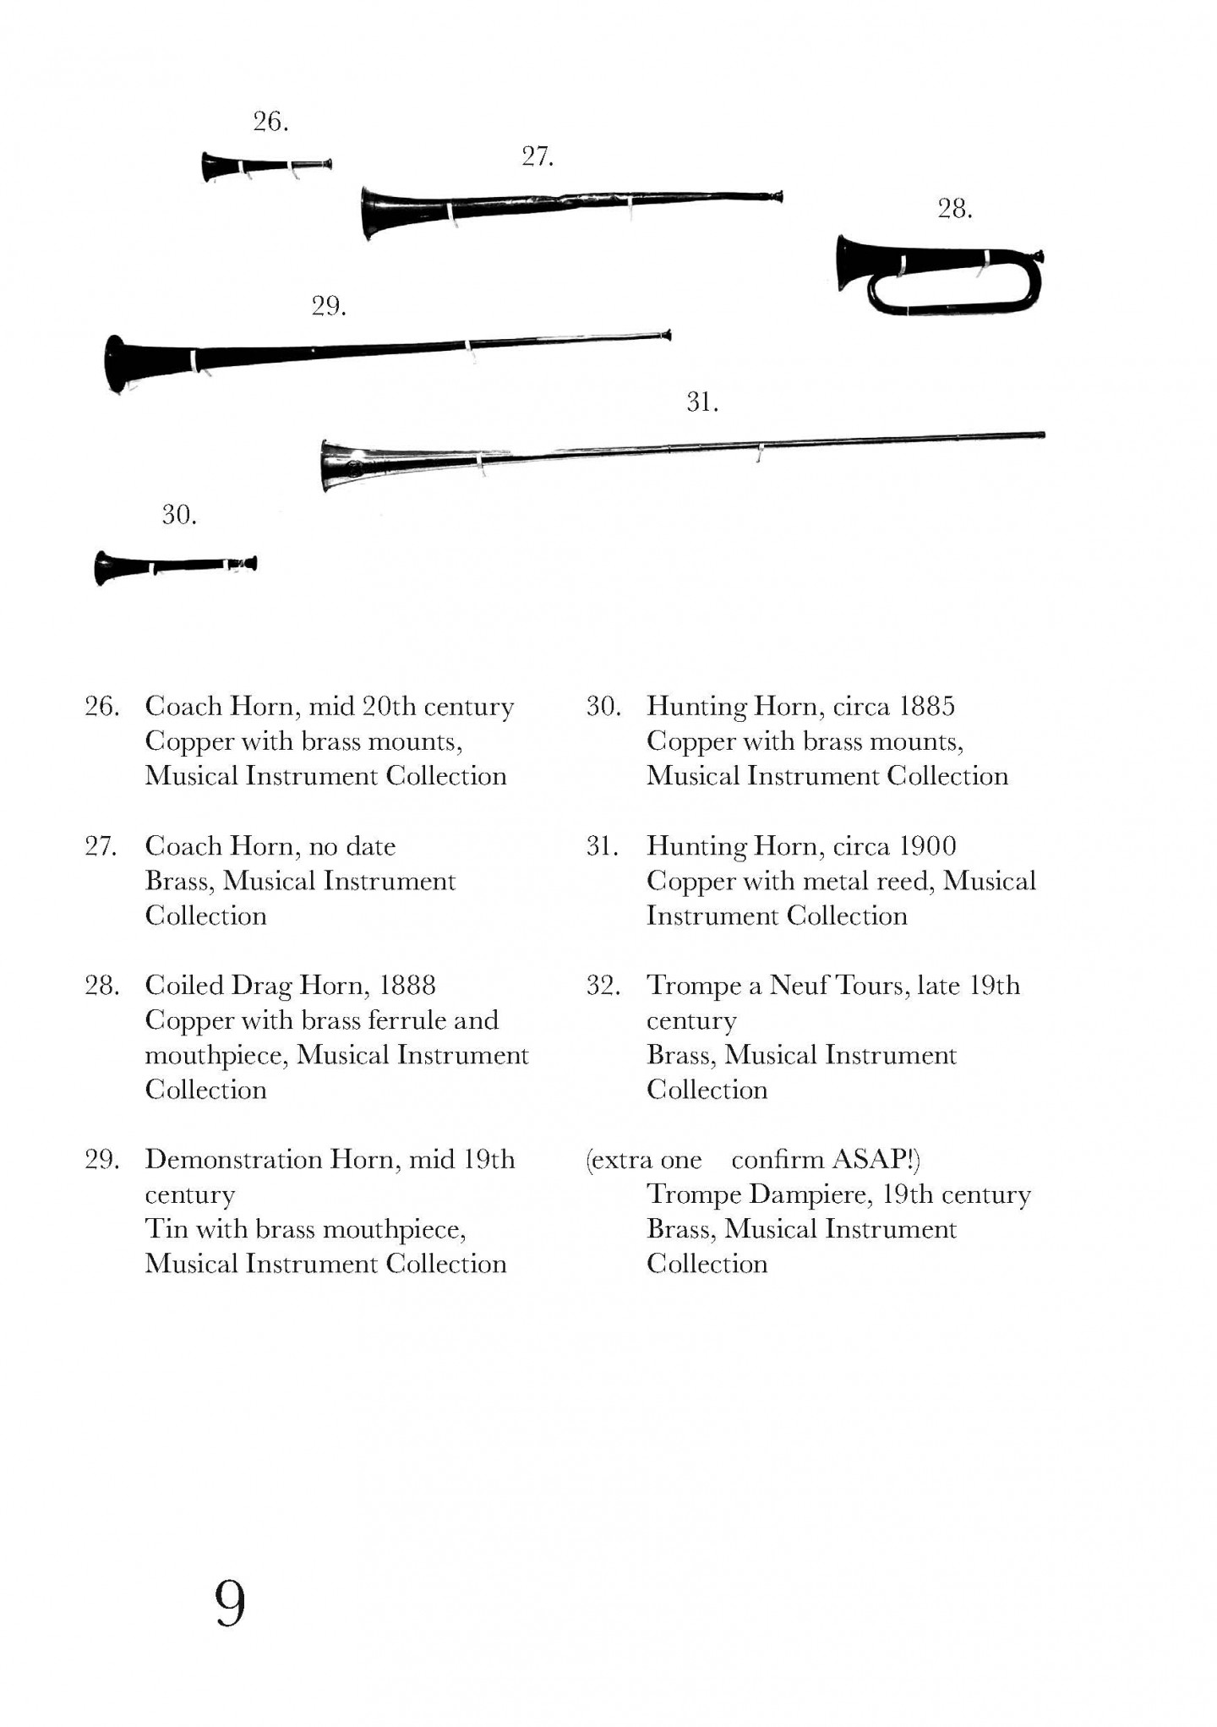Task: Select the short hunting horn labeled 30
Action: (x=174, y=566)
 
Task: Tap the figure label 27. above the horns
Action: (x=538, y=156)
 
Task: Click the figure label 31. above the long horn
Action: (x=702, y=402)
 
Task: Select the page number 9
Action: (x=230, y=1604)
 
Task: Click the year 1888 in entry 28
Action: (x=407, y=986)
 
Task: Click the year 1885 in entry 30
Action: (x=927, y=707)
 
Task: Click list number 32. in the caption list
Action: (x=603, y=986)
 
